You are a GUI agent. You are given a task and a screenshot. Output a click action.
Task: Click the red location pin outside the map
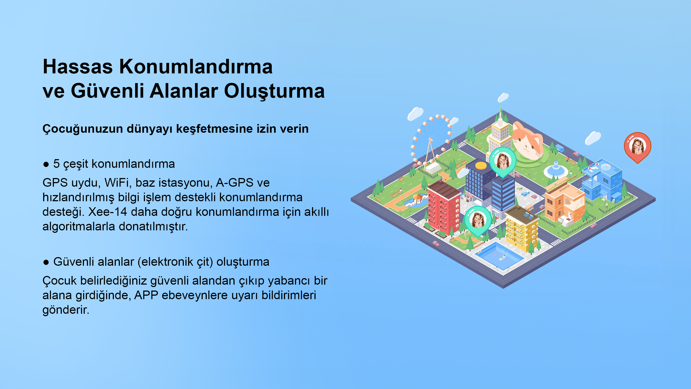pos(637,147)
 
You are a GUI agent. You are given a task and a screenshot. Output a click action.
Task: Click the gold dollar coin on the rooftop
pos(481,165)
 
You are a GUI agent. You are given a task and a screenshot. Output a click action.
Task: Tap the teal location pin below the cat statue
pos(502,162)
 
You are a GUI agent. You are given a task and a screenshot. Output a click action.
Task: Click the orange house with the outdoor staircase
pos(564,204)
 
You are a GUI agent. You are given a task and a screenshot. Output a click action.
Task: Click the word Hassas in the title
pos(78,67)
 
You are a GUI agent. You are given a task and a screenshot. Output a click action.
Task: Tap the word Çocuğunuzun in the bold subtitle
pos(83,129)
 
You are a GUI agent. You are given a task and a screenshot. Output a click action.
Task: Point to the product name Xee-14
pos(107,212)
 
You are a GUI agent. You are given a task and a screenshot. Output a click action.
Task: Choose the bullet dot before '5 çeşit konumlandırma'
pos(46,164)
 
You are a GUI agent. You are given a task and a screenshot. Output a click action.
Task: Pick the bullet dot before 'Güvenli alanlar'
pos(46,262)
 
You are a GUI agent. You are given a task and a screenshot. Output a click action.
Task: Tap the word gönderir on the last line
pos(66,310)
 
